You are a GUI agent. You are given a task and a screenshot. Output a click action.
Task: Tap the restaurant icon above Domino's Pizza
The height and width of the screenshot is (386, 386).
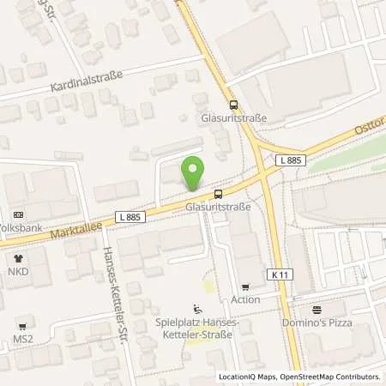point(317,311)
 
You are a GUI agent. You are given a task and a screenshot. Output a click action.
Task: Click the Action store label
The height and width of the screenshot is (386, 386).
point(245,300)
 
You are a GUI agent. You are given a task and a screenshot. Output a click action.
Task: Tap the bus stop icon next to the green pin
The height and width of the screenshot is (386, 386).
point(220,193)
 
